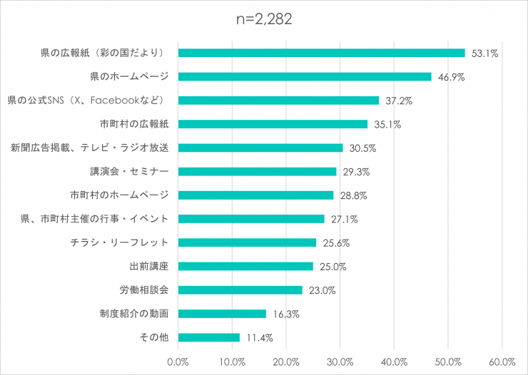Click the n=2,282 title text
pyautogui.click(x=264, y=20)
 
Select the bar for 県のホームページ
pyautogui.click(x=305, y=76)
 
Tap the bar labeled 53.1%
pyautogui.click(x=321, y=53)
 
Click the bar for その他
pyautogui.click(x=208, y=337)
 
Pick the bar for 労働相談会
pyautogui.click(x=240, y=290)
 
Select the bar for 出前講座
pyautogui.click(x=245, y=266)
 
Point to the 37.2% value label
pyautogui.click(x=398, y=101)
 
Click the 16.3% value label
pyautogui.click(x=285, y=314)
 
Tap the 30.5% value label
pyautogui.click(x=362, y=148)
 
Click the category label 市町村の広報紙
pyautogui.click(x=134, y=124)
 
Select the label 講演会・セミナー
pyautogui.click(x=129, y=171)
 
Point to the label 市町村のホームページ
pyautogui.click(x=119, y=195)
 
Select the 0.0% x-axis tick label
pyautogui.click(x=178, y=361)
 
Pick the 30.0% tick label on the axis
pyautogui.click(x=340, y=361)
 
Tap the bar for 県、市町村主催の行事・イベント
pyautogui.click(x=251, y=219)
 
